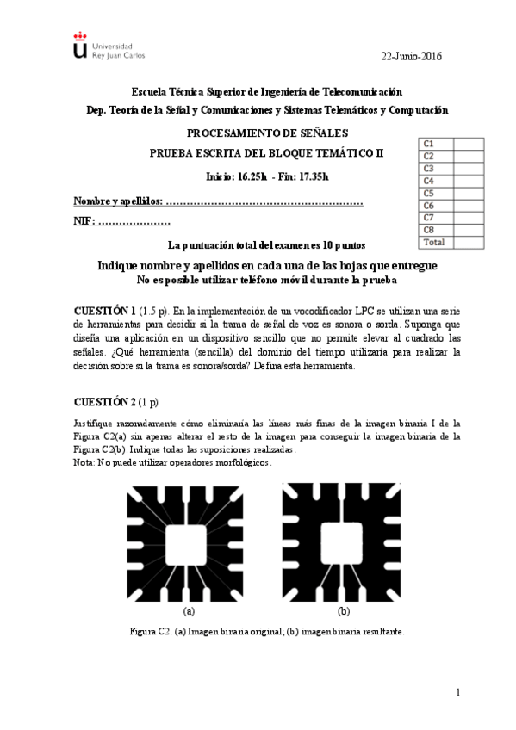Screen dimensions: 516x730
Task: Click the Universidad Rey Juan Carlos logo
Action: [x=108, y=46]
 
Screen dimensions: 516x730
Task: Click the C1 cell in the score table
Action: [x=428, y=143]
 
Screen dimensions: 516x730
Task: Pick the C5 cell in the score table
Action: [x=428, y=193]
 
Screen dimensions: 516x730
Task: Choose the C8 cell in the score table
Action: [x=428, y=230]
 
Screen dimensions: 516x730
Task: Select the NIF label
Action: [x=83, y=222]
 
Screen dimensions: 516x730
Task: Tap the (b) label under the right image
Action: [x=343, y=611]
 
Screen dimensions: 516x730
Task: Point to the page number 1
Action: [x=458, y=693]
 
